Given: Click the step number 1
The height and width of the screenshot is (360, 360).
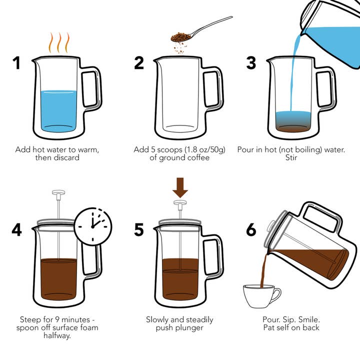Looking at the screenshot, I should pos(16,63).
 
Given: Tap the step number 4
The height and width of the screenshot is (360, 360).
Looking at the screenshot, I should pos(17,229).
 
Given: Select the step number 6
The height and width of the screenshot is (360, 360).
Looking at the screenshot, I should pos(251,229).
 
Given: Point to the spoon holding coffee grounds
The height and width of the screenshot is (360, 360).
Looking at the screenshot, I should pos(200,31).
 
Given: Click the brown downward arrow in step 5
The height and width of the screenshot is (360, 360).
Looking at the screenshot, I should pos(180,187).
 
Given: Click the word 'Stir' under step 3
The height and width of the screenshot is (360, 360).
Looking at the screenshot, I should pos(291,158).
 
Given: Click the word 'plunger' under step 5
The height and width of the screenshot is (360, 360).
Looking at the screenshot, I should pos(192,327).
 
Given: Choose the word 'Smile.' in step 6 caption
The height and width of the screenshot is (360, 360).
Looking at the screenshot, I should pos(307,319).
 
